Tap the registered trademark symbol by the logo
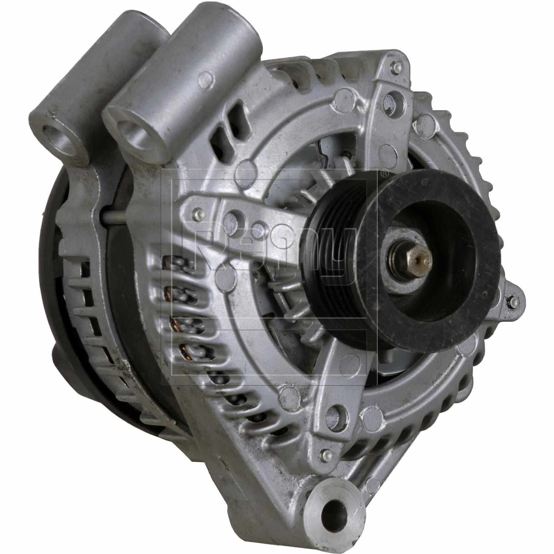click(384, 173)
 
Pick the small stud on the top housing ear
click(406, 69)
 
